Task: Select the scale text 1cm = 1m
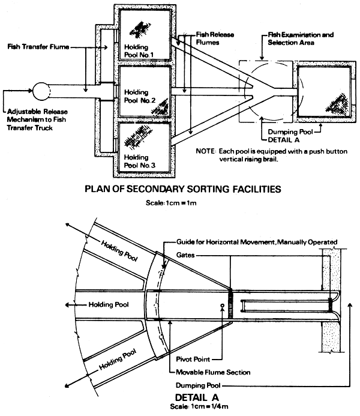(x=180, y=203)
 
